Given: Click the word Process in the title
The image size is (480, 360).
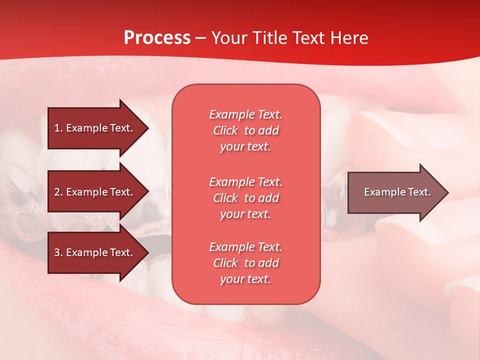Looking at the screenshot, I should click(157, 37).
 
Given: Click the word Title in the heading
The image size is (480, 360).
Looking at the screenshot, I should click(268, 37).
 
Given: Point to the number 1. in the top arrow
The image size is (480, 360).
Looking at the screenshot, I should click(58, 128).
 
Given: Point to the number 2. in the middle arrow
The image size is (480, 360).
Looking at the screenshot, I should click(58, 192).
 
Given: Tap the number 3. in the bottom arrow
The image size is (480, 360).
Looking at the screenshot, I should click(58, 252).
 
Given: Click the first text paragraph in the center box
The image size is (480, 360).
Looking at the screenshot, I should click(245, 130).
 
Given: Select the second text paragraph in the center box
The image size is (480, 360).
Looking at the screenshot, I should click(245, 198).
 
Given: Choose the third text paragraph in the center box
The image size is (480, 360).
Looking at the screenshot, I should click(245, 263).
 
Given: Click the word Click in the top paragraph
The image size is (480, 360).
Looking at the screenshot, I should click(225, 130).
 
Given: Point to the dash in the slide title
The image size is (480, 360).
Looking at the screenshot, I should click(201, 38).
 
